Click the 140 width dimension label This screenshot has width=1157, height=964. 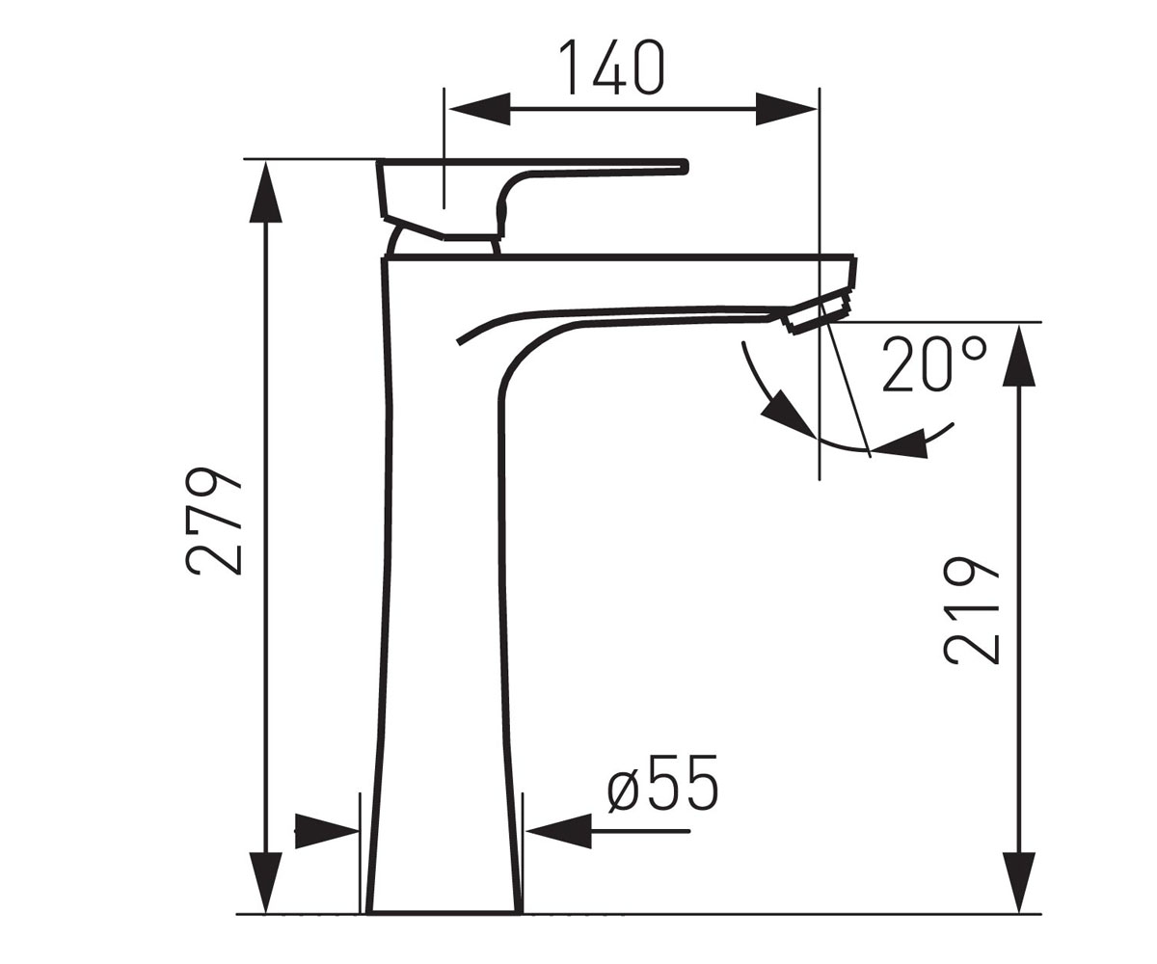click(x=611, y=67)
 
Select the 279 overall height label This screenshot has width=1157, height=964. click(x=213, y=522)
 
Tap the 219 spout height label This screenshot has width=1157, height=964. click(x=971, y=610)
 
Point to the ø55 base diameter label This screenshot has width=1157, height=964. click(x=662, y=782)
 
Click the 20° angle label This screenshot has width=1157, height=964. click(x=935, y=364)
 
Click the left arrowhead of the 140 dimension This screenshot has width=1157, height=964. click(x=479, y=109)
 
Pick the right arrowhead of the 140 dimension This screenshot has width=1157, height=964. click(x=787, y=109)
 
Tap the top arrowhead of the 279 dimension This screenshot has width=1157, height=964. click(x=266, y=192)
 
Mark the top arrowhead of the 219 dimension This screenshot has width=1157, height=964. click(x=1019, y=355)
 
